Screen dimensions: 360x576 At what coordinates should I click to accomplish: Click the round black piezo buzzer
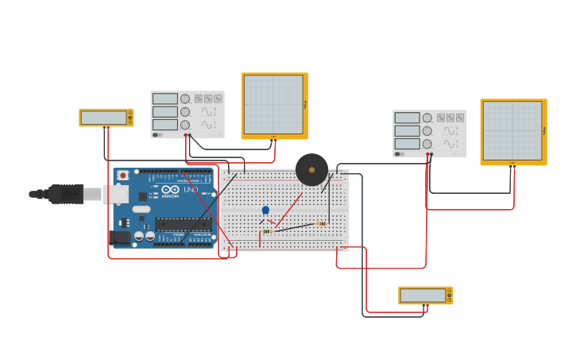(311, 169)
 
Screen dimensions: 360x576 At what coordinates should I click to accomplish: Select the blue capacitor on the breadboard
(265, 211)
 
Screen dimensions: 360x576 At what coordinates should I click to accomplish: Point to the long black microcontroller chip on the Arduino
(183, 224)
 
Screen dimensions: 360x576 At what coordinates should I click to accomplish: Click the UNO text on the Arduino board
(191, 190)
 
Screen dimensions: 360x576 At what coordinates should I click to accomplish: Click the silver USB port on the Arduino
(116, 194)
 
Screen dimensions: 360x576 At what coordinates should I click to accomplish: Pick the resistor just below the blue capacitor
(268, 231)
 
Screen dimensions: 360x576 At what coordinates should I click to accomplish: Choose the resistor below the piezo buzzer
(321, 223)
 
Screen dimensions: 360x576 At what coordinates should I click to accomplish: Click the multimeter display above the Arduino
(104, 118)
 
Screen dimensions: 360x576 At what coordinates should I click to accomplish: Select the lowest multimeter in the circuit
(424, 296)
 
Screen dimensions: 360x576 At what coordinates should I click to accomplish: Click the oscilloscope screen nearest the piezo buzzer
(273, 105)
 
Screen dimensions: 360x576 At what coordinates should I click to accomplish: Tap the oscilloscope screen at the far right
(512, 131)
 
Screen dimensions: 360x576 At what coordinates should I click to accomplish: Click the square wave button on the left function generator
(199, 99)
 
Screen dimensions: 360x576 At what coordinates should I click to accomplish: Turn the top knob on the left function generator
(185, 99)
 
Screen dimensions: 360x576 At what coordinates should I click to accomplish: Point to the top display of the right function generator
(407, 118)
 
